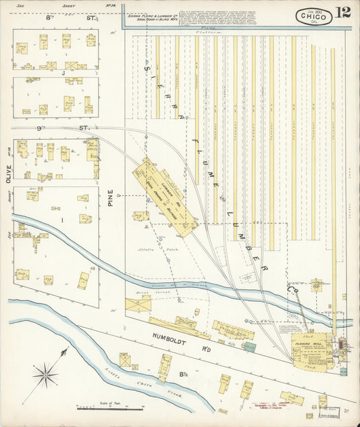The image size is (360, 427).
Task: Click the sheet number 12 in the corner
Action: (x=342, y=13)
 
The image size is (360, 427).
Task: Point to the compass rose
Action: (x=46, y=371)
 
